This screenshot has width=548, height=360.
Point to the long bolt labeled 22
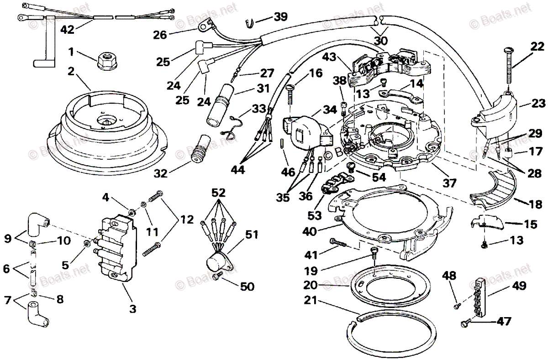click(508, 68)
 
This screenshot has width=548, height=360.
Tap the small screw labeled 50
click(217, 275)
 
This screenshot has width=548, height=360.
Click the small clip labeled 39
click(249, 20)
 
